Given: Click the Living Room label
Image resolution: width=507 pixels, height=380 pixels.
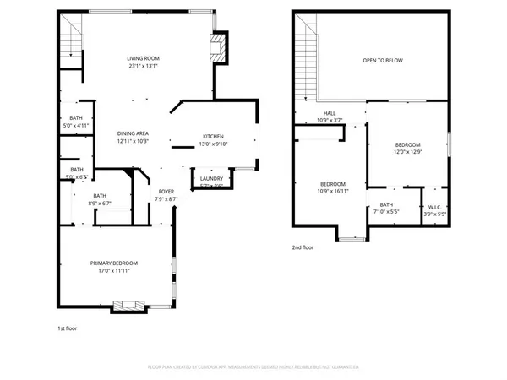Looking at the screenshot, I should (144, 58).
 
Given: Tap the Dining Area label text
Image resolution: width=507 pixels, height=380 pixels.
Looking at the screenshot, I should (133, 133).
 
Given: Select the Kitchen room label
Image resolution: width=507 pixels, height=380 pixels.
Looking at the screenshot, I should (212, 136).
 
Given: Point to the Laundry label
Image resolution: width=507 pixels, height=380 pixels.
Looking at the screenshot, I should (211, 178).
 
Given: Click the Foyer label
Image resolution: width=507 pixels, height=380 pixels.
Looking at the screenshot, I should (166, 192).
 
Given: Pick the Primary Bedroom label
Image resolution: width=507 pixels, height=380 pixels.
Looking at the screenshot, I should (114, 263).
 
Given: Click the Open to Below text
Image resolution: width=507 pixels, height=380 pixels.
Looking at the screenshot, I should (381, 61).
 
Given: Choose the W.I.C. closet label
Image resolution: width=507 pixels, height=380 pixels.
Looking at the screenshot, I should (435, 207).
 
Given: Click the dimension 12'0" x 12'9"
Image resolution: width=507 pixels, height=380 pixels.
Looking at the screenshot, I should (407, 153).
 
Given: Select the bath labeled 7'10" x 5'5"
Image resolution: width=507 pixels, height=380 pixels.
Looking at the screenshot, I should (386, 208).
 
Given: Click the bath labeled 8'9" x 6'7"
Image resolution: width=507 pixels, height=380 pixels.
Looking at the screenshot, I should (100, 199).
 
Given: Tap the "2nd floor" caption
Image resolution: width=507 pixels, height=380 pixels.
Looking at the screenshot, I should (303, 247).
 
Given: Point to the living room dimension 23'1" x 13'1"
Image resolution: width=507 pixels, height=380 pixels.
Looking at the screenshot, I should (144, 66).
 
